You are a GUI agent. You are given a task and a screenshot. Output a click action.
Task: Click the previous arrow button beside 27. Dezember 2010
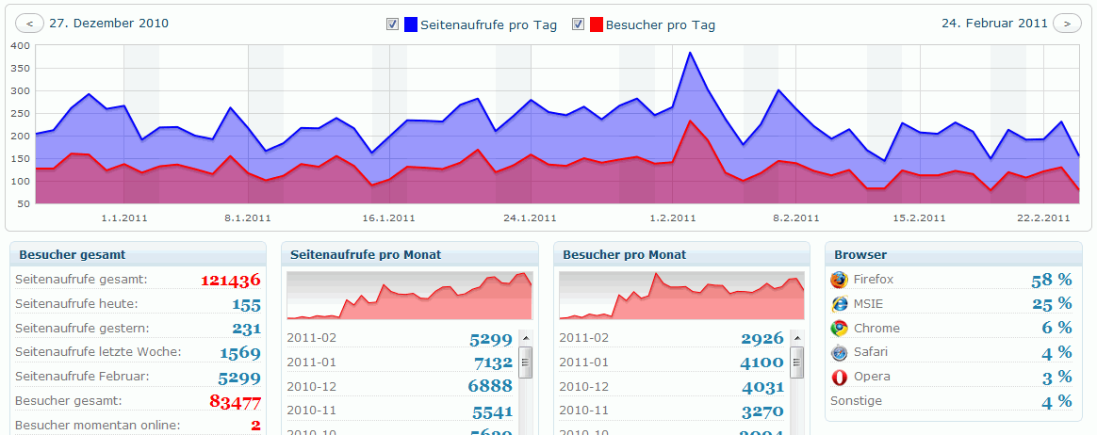pyautogui.click(x=30, y=24)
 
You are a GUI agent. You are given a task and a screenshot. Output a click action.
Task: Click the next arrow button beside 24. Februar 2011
pyautogui.click(x=1067, y=24)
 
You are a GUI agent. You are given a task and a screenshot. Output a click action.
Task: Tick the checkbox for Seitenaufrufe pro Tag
pyautogui.click(x=392, y=24)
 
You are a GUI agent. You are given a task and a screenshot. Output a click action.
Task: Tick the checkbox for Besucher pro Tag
pyautogui.click(x=578, y=24)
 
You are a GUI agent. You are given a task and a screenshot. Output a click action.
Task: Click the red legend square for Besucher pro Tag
pyautogui.click(x=597, y=24)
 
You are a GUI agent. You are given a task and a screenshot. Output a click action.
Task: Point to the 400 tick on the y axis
pyautogui.click(x=20, y=46)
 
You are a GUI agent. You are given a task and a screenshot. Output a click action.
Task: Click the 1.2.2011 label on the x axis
pyautogui.click(x=673, y=218)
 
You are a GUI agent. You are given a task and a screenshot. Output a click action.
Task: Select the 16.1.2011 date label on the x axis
pyautogui.click(x=388, y=218)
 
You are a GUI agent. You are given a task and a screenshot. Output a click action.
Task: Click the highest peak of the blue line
pyautogui.click(x=690, y=53)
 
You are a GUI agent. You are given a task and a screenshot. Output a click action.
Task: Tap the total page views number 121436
pyautogui.click(x=230, y=280)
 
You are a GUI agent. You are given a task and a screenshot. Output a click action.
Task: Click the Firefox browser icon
pyautogui.click(x=839, y=280)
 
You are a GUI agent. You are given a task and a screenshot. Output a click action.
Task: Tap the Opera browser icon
pyautogui.click(x=839, y=377)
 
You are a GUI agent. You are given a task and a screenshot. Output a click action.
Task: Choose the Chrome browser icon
pyautogui.click(x=839, y=329)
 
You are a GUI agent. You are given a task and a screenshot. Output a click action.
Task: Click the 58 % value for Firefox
pyautogui.click(x=1052, y=280)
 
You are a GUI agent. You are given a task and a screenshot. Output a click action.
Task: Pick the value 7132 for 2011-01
pyautogui.click(x=493, y=362)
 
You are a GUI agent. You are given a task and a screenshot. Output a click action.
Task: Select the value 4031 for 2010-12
pyautogui.click(x=761, y=386)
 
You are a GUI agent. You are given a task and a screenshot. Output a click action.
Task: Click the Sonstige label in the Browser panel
pyautogui.click(x=855, y=401)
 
